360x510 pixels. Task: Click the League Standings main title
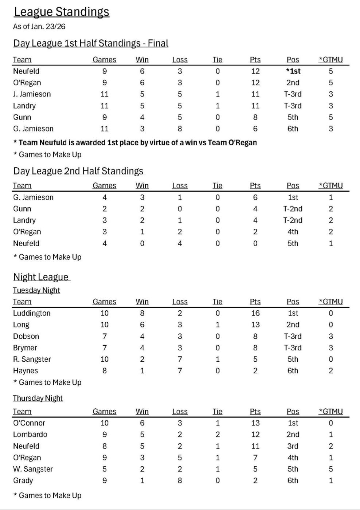61,12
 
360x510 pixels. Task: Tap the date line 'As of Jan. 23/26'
39,27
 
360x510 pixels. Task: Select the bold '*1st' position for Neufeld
293,71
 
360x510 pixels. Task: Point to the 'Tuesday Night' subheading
36,290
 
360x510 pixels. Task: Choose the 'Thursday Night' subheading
38,398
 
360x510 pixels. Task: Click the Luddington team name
32,313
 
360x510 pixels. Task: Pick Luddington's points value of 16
255,313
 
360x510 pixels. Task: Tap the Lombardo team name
30,435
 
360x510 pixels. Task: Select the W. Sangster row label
33,469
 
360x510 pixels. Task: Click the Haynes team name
26,371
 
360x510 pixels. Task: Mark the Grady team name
23,481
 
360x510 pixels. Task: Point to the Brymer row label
25,348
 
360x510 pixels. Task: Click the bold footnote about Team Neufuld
135,143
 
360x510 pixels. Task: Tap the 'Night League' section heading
41,277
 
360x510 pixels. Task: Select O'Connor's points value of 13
255,423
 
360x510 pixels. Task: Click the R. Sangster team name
32,360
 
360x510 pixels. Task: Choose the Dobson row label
26,336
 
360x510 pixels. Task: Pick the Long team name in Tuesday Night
21,325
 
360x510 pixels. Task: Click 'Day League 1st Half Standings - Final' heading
91,43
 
